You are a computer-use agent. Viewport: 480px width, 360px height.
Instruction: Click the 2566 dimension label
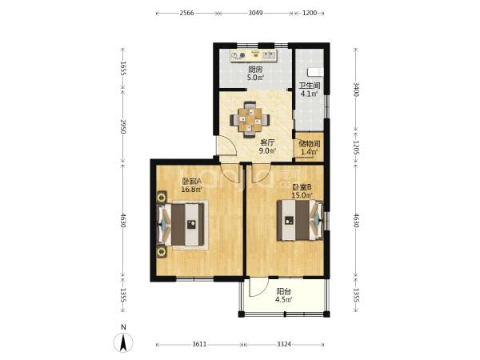(186, 13)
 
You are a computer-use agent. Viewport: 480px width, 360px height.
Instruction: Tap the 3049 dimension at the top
(256, 13)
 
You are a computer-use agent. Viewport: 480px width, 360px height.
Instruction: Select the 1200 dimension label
(310, 13)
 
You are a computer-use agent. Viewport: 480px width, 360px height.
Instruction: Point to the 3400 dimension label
(356, 90)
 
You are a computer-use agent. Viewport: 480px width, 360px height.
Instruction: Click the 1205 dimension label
(356, 147)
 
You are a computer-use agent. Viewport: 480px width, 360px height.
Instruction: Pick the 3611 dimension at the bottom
(199, 344)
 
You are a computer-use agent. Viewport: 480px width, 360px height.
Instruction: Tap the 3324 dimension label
(284, 344)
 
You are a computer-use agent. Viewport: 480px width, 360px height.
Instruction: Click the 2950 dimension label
(122, 126)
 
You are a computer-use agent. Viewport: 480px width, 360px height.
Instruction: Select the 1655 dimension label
(122, 69)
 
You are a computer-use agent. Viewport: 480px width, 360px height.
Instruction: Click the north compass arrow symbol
(123, 342)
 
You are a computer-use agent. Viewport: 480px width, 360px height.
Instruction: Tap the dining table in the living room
(250, 119)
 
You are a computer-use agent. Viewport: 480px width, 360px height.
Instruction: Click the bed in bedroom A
(181, 225)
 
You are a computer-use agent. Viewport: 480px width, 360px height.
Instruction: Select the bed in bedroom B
(300, 220)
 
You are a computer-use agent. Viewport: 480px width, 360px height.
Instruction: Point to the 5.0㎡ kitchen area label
(255, 78)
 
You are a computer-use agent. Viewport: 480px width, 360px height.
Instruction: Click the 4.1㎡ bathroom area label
(309, 94)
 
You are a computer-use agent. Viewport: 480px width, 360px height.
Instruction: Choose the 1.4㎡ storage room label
(310, 151)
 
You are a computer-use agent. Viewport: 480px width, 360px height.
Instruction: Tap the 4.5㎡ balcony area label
(284, 300)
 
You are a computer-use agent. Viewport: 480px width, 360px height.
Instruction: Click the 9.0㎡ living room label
(267, 150)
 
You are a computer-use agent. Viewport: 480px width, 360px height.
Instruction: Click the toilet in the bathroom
(315, 72)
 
